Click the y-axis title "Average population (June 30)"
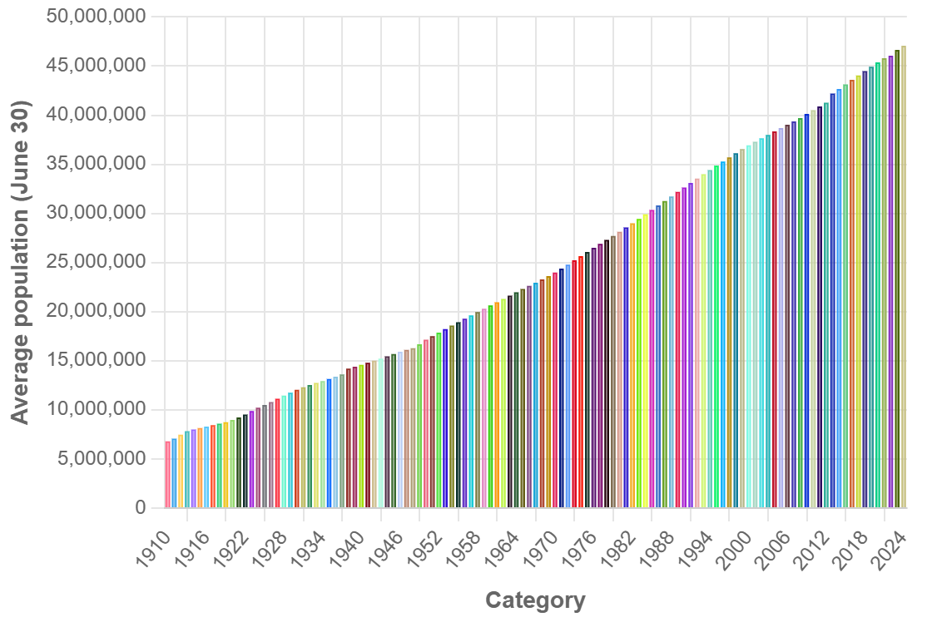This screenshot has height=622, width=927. [20, 262]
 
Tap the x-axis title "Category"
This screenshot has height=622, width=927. [535, 600]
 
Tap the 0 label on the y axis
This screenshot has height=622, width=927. [140, 508]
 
